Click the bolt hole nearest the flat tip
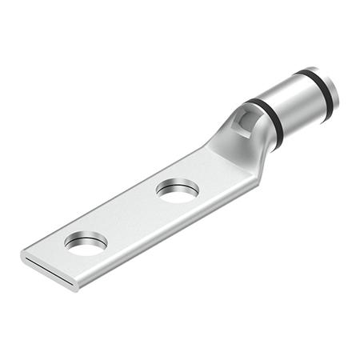pos(86,243)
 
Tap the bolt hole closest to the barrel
pos(177,190)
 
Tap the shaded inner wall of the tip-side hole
pos(84,238)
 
